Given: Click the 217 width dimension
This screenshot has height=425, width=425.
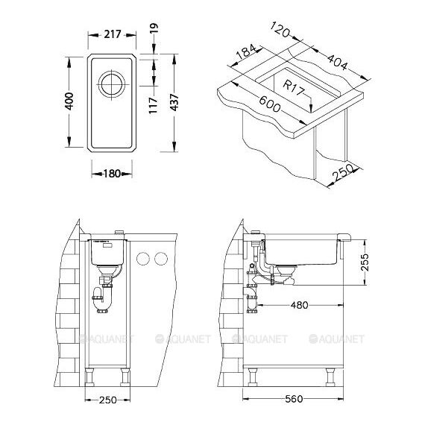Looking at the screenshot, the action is coord(113,35).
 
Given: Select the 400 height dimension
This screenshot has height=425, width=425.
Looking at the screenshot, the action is coord(69,101).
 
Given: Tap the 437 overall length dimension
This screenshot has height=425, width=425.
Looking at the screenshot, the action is coord(174,102).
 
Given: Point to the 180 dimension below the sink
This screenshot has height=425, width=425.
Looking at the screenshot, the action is coord(112,174).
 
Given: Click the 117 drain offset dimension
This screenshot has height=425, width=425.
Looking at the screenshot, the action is coord(153,105).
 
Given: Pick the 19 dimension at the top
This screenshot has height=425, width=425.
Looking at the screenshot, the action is coord(154,28).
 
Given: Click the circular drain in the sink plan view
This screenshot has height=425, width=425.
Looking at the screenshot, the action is coord(112,84).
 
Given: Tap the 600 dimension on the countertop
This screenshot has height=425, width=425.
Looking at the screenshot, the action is coord(269,104).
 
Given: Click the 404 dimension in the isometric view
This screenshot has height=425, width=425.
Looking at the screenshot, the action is coord(337,62).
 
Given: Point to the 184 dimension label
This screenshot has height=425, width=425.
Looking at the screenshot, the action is coord(246,51).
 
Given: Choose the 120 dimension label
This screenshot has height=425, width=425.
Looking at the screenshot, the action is coord(280,30).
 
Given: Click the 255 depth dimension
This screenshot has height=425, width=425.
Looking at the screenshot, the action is coord(365,262).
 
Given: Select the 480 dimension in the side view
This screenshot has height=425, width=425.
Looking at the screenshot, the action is coord(299,306).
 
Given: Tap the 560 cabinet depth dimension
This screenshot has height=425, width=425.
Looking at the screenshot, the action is coord(294,399).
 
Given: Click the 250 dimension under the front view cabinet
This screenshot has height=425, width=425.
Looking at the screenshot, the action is coord(107,400).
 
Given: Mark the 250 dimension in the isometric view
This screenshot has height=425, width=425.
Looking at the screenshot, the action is coord(344,172).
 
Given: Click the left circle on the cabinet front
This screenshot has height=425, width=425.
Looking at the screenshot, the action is coord(143,259).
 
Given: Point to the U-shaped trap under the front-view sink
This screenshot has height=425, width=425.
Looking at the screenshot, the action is coord(101,300).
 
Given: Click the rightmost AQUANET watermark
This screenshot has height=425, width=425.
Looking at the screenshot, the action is coord(336,339).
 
